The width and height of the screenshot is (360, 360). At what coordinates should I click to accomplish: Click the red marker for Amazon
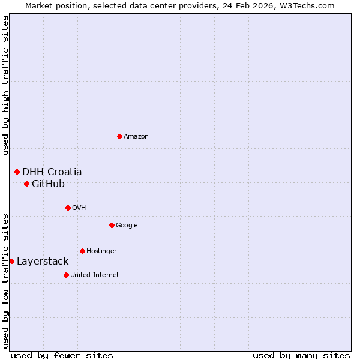[119, 136]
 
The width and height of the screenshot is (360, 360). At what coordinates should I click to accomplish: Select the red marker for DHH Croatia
[17, 172]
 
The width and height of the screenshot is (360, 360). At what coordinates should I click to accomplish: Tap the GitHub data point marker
[26, 184]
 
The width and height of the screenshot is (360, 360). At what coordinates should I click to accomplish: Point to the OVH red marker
[68, 208]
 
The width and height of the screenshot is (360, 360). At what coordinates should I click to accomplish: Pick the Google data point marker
[112, 225]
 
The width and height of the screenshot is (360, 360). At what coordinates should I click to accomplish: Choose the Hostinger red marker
[82, 251]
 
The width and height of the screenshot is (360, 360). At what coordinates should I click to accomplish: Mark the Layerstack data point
[11, 261]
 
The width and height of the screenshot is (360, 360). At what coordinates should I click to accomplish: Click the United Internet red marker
[66, 275]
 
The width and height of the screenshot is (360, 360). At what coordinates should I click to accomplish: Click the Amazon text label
[136, 136]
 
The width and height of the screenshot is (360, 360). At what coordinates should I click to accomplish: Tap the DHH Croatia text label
[52, 172]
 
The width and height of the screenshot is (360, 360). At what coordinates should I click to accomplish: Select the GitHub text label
[48, 184]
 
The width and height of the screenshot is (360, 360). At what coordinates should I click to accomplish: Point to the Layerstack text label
[43, 261]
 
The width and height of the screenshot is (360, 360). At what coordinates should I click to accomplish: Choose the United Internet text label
[95, 275]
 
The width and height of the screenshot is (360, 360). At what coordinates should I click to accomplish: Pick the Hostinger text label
[101, 251]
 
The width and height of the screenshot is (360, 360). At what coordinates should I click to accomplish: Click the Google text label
[127, 225]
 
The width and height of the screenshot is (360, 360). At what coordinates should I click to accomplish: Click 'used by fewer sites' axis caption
[62, 355]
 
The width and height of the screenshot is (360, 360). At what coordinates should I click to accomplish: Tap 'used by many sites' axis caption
[301, 355]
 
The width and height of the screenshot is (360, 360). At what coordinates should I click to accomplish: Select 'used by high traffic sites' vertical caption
[5, 85]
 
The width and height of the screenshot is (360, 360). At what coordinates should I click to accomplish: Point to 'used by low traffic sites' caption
[5, 280]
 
